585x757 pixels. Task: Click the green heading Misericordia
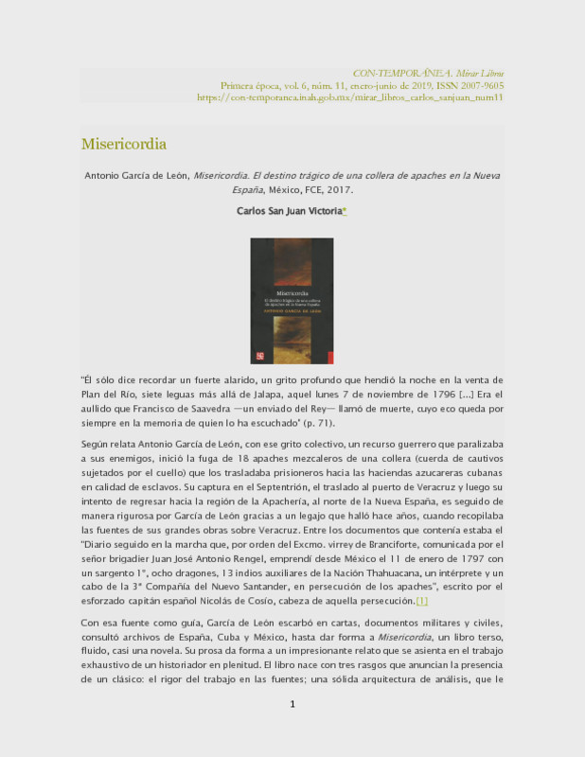tap(123, 144)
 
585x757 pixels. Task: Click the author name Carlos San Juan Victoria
tap(289, 212)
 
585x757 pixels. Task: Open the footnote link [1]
tap(422, 601)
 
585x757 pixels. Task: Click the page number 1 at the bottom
tap(292, 730)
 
